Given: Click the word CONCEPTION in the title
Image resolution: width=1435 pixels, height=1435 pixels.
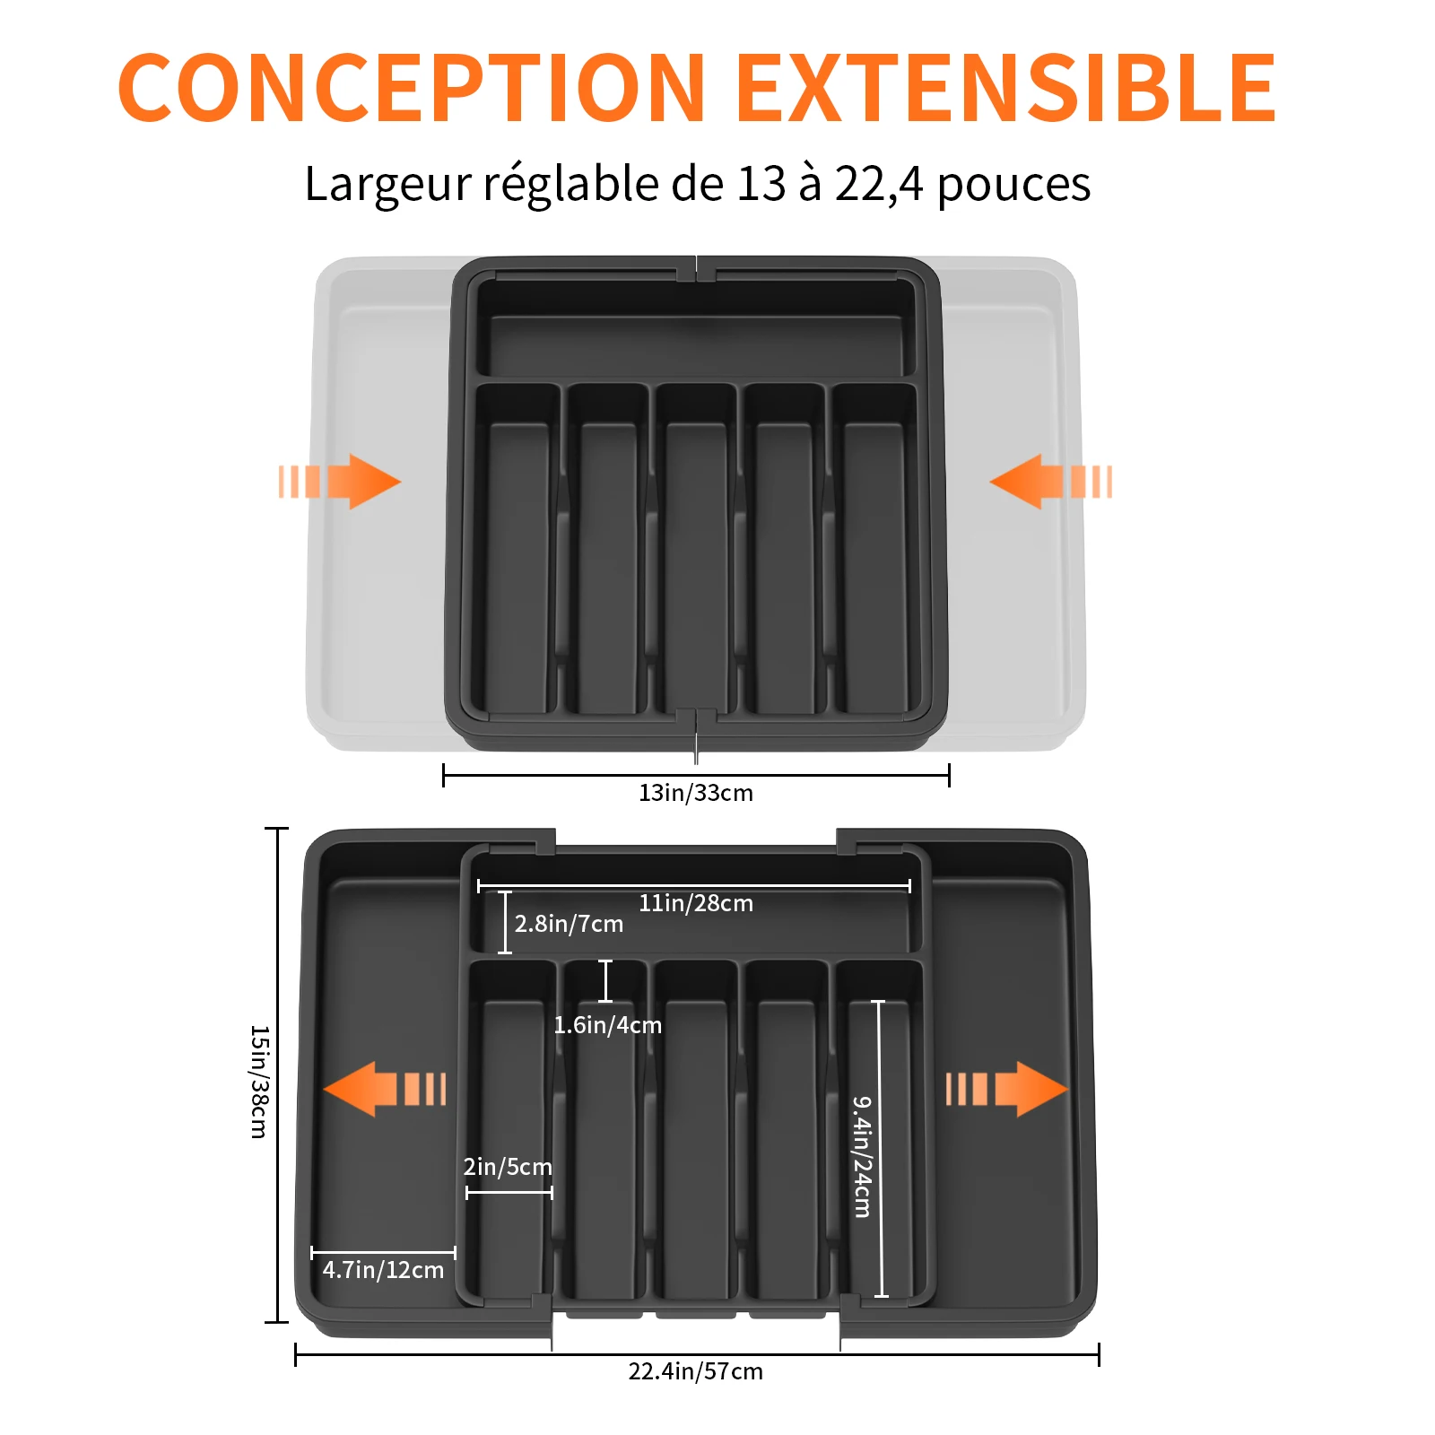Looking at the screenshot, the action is [412, 87].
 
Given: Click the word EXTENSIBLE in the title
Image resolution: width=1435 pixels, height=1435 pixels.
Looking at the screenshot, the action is [1006, 87].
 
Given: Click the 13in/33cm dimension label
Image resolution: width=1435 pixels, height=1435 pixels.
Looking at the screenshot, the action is [696, 793].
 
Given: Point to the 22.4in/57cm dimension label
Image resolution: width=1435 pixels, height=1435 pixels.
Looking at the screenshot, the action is [696, 1371].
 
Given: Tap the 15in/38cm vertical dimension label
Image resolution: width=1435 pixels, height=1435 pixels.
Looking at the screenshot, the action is [258, 1082].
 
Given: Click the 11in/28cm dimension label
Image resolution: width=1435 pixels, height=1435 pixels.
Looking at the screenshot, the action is [696, 903].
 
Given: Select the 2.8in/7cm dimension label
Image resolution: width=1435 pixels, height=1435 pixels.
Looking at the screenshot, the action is [569, 924].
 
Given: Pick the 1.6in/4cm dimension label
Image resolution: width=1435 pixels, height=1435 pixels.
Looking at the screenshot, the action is [607, 1025].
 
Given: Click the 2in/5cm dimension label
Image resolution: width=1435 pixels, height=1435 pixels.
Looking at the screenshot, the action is [508, 1167].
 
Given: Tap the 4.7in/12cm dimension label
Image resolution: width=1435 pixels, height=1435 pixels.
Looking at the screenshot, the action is [383, 1270].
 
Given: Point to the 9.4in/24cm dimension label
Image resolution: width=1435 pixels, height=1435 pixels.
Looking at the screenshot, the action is [862, 1156].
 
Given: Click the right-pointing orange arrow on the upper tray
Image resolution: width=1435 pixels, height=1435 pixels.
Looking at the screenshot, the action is [340, 482].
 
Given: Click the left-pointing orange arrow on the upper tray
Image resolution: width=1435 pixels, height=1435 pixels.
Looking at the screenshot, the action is [1051, 482].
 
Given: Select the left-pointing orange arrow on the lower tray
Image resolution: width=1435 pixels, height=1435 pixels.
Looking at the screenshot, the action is [385, 1089].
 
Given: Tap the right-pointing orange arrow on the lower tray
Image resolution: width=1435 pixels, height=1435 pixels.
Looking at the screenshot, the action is [1007, 1089].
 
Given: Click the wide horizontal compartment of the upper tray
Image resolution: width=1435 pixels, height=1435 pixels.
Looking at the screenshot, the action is [696, 344].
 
